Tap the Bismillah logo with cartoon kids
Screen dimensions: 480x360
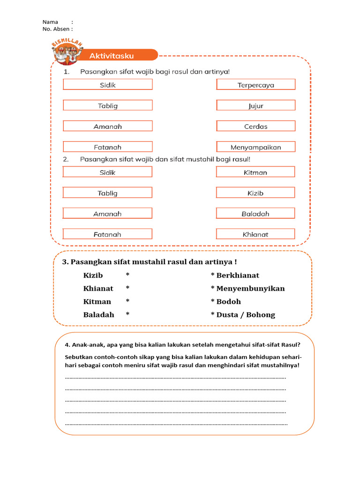tap(67, 52)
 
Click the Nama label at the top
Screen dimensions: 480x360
tap(50, 22)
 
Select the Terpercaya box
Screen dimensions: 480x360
tap(255, 85)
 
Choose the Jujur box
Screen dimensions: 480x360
tap(255, 105)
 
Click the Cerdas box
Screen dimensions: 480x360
tap(255, 126)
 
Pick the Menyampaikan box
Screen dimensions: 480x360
tap(255, 147)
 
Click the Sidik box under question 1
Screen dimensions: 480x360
tap(107, 85)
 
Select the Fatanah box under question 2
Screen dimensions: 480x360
tap(107, 234)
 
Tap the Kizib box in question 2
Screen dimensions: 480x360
tap(255, 193)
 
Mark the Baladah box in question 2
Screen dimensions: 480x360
tap(255, 213)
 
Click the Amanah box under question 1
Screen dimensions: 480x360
tap(107, 126)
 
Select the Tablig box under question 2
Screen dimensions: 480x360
tap(107, 193)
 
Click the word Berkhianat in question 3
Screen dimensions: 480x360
tap(238, 275)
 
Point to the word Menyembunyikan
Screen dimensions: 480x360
tap(250, 288)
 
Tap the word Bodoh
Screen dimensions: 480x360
tap(228, 301)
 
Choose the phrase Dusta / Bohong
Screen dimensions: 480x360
tap(246, 315)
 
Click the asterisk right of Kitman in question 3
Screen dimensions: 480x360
tap(127, 301)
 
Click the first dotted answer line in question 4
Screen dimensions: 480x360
tap(175, 377)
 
